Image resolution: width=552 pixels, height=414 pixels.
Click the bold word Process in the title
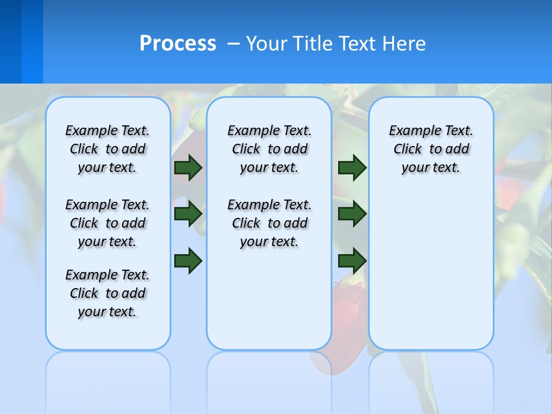click(178, 44)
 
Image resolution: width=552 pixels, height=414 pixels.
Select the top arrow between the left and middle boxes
click(188, 167)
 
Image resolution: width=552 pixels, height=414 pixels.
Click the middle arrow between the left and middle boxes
click(188, 214)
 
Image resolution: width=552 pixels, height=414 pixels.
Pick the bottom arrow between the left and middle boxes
click(188, 260)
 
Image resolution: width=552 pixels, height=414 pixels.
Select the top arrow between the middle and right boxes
click(352, 167)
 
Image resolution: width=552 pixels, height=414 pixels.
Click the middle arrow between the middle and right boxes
click(352, 214)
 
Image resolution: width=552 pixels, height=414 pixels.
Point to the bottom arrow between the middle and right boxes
click(352, 260)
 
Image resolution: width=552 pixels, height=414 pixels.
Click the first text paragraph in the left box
click(108, 149)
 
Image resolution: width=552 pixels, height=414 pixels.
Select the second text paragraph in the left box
click(108, 223)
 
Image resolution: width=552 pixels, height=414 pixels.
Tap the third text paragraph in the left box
click(108, 293)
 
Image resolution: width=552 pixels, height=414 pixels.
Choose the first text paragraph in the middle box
click(269, 149)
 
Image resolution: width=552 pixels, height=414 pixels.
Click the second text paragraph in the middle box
click(269, 223)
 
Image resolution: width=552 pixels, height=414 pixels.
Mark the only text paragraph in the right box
click(431, 149)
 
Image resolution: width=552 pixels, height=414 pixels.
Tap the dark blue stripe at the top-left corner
click(10, 40)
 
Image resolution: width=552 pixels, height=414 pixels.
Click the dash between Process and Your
click(233, 44)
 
